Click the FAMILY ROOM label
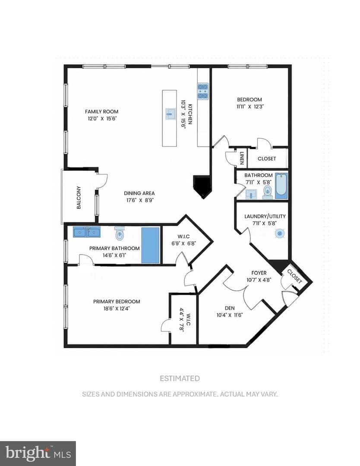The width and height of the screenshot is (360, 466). (x=102, y=112)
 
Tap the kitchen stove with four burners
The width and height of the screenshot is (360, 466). (x=203, y=91)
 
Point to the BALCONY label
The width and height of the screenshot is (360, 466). (x=79, y=197)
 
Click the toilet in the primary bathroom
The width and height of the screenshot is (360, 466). (x=120, y=234)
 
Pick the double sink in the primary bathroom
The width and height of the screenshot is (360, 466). (x=87, y=232)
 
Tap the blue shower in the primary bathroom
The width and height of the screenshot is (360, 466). (x=150, y=245)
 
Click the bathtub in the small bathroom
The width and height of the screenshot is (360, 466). (x=281, y=186)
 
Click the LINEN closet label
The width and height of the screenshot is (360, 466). (x=242, y=158)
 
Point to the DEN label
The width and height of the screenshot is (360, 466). (x=230, y=308)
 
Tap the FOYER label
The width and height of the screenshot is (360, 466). (x=259, y=273)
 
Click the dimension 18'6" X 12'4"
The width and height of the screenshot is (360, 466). (x=117, y=309)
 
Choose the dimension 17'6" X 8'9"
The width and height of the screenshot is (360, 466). (x=139, y=200)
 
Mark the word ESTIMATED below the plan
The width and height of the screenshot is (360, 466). (x=180, y=378)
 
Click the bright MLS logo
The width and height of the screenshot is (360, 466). (x=38, y=454)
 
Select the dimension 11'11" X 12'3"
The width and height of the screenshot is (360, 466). (x=250, y=107)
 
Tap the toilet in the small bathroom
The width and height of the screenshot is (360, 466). (x=268, y=192)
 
